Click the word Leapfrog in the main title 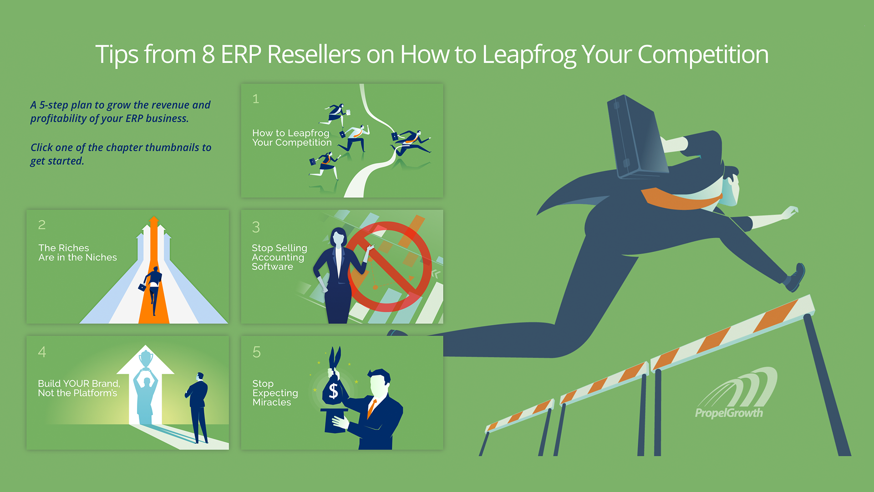[x=529, y=55]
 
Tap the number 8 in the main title [x=208, y=54]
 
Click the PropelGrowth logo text [x=729, y=413]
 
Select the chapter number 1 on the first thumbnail [x=256, y=99]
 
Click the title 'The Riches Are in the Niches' [x=77, y=252]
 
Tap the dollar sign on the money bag [x=334, y=390]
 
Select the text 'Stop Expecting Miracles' [x=275, y=393]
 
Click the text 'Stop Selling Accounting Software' [x=279, y=257]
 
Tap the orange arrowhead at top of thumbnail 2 [x=154, y=220]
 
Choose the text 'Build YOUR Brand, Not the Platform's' [x=79, y=388]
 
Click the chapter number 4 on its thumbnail [x=42, y=352]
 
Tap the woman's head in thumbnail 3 [x=338, y=236]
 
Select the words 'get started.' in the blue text [x=57, y=161]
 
